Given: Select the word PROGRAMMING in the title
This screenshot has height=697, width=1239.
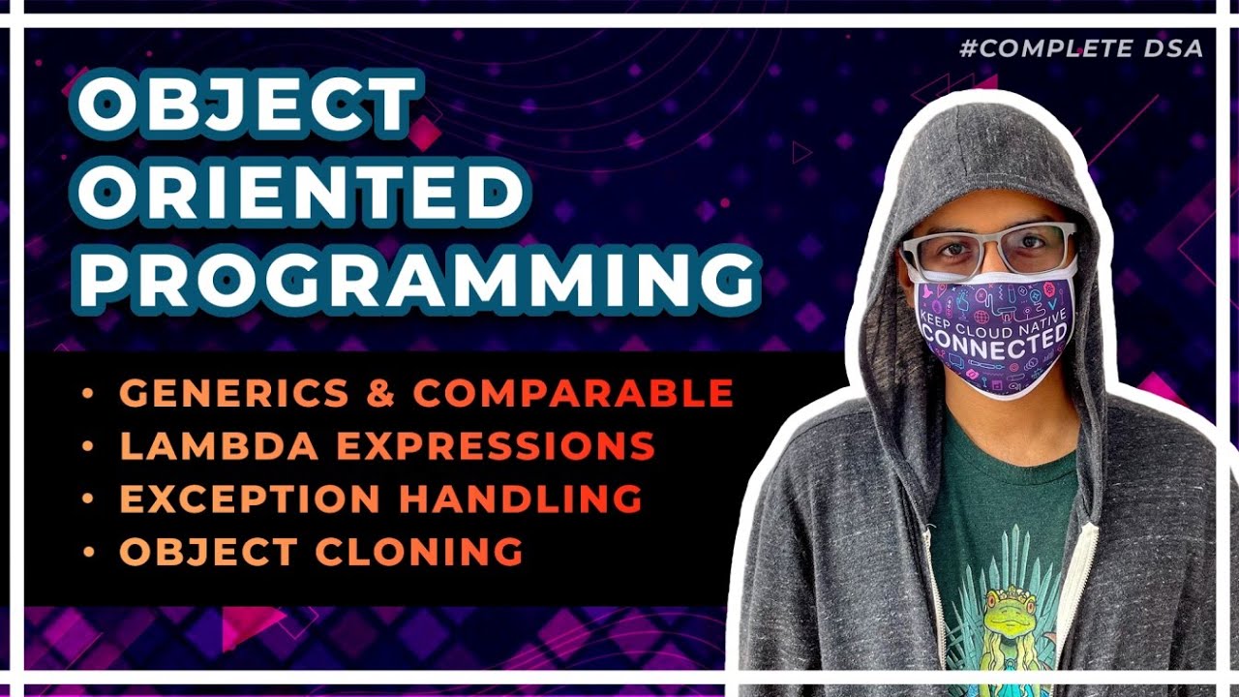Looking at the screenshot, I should click(x=417, y=277).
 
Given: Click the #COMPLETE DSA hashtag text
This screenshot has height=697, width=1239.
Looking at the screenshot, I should click(x=1081, y=48).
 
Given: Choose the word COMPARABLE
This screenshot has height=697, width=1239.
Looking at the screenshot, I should click(x=573, y=393).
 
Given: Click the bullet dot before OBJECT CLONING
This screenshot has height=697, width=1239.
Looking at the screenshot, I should click(x=89, y=552).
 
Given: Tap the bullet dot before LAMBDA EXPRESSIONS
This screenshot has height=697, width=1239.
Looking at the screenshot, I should click(x=89, y=446).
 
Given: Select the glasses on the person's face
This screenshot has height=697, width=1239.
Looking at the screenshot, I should click(x=988, y=250).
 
